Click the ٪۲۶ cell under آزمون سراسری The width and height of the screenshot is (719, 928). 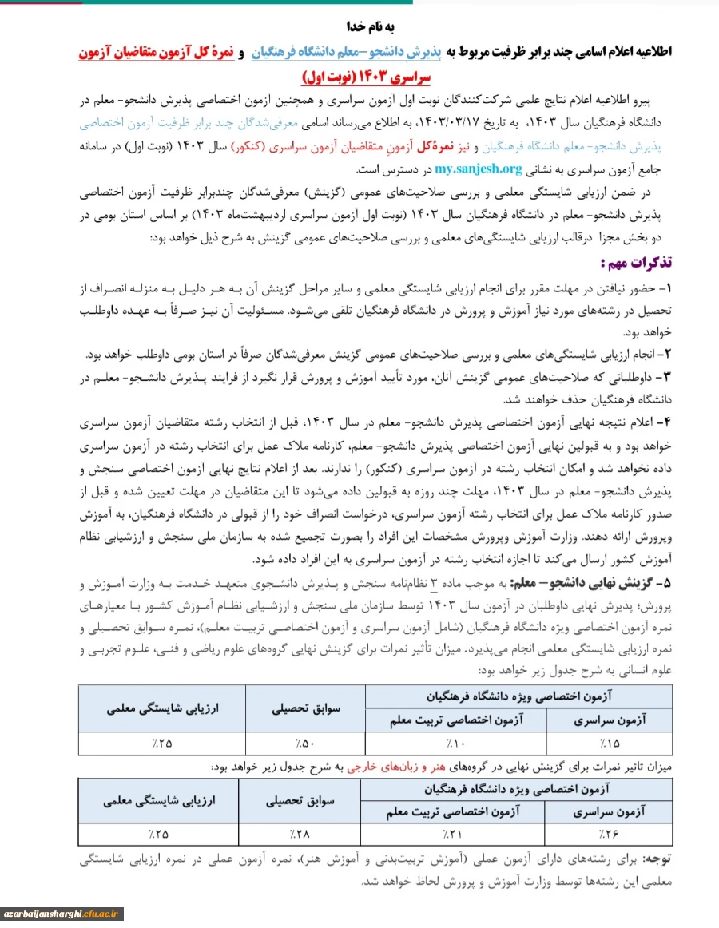coord(610,835)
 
